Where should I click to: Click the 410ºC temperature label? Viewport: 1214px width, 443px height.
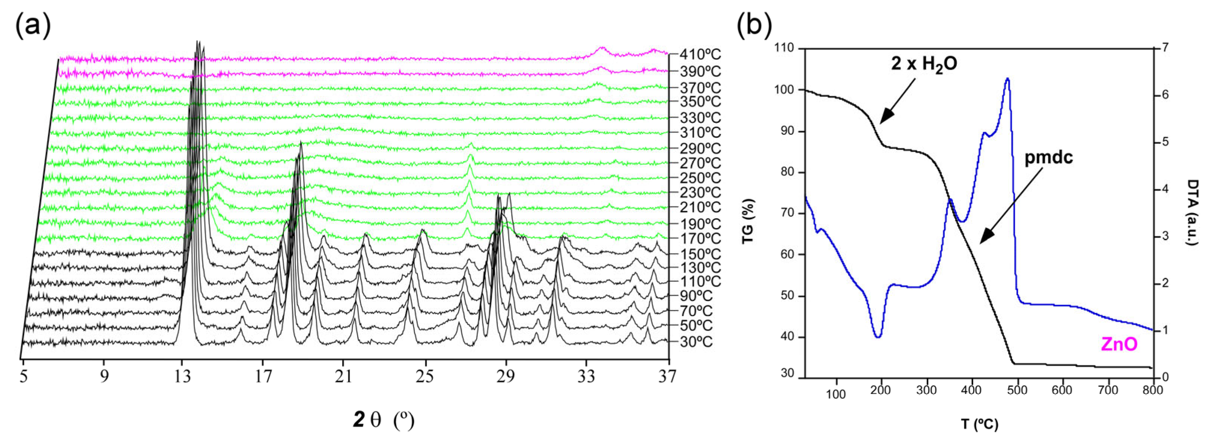click(700, 55)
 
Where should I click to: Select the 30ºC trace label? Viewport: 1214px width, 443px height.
click(696, 342)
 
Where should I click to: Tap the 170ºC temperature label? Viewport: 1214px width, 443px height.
click(700, 239)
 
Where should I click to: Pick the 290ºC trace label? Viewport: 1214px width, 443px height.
click(700, 149)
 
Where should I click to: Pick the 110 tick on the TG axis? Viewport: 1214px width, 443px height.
click(784, 49)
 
